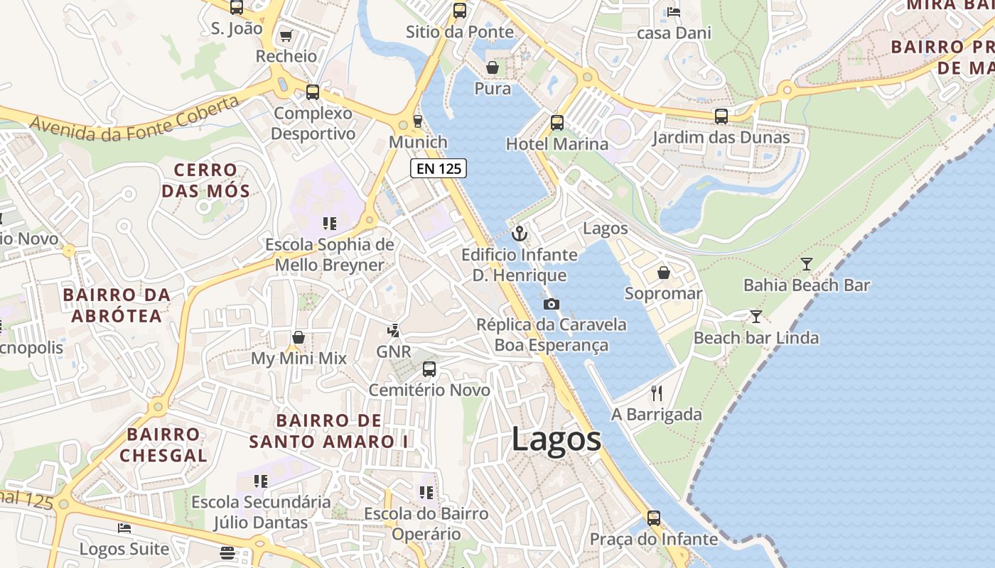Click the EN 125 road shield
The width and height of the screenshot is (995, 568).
click(x=439, y=168)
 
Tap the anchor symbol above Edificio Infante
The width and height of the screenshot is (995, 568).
click(x=520, y=234)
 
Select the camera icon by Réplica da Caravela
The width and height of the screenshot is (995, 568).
click(x=551, y=304)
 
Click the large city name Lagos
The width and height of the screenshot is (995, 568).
click(x=556, y=439)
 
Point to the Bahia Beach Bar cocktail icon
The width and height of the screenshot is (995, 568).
click(x=806, y=264)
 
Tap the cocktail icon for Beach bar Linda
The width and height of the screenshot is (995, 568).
click(x=755, y=316)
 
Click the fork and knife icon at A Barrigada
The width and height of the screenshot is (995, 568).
click(x=657, y=393)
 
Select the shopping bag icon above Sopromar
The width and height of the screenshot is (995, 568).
click(x=663, y=273)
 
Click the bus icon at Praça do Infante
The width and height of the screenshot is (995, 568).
click(x=653, y=518)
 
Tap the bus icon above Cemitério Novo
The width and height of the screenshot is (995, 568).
click(x=429, y=368)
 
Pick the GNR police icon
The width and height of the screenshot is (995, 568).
click(x=393, y=331)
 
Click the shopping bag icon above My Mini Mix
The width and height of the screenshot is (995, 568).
click(x=298, y=337)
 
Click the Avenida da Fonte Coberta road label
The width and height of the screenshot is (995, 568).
click(x=135, y=119)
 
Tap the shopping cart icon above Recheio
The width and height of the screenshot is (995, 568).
click(x=286, y=35)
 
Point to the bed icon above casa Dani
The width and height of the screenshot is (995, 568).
click(x=673, y=12)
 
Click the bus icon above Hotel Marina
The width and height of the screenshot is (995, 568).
click(x=557, y=123)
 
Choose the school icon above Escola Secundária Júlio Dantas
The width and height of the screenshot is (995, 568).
click(x=261, y=481)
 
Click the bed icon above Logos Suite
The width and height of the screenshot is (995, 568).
click(x=124, y=528)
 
